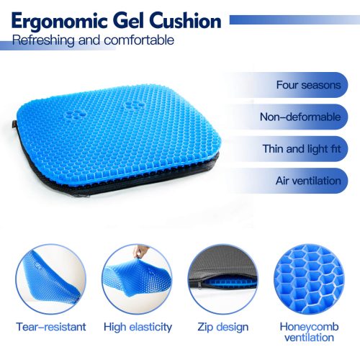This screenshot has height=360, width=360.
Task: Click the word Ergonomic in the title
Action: click(60, 22)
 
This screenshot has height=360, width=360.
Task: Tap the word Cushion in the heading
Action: click(185, 21)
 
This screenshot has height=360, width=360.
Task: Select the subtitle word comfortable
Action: click(139, 40)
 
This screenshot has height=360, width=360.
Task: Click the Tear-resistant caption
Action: click(51, 327)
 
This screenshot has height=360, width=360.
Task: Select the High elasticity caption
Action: click(138, 327)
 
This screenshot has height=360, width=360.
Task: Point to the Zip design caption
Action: click(223, 327)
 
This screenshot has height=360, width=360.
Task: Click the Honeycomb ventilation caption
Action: click(309, 332)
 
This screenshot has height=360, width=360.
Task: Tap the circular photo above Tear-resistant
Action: click(51, 279)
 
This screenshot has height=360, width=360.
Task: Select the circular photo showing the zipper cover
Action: click(223, 279)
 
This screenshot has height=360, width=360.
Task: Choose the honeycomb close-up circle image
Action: click(309, 279)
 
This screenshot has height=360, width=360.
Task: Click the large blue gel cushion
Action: click(117, 135)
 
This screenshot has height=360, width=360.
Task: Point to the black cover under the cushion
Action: click(144, 179)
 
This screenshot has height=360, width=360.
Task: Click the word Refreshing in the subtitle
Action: click(43, 40)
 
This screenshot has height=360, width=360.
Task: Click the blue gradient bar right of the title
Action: click(294, 20)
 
